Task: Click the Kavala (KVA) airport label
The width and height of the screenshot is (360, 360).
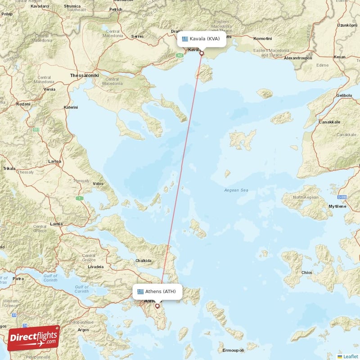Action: point(201,39)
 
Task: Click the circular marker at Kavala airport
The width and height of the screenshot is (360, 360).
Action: point(202,54)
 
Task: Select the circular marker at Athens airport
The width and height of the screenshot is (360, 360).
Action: point(157,306)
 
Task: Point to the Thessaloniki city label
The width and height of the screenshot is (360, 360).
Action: point(84,76)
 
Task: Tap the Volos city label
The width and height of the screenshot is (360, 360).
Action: point(98,184)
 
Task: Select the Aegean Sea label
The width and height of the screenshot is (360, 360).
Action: point(236,190)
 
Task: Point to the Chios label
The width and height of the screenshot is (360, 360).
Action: point(307,272)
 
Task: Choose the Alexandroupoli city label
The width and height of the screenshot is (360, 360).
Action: point(298,58)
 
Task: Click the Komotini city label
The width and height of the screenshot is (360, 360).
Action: point(263,39)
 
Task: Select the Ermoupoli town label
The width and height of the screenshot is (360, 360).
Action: point(233,350)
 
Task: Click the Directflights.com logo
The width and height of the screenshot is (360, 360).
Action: point(33,338)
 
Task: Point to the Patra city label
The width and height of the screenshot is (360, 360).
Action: point(18,279)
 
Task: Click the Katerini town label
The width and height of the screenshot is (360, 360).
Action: point(71,107)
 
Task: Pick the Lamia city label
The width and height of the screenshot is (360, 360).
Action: point(57,224)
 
